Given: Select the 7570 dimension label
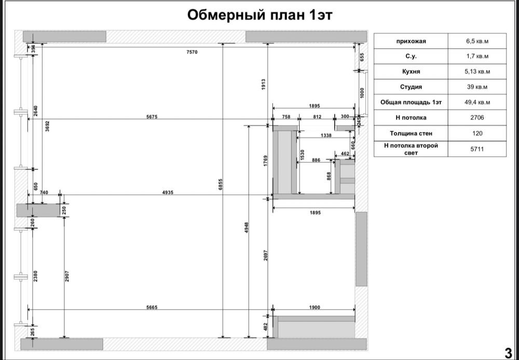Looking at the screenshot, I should pyautogui.click(x=192, y=52).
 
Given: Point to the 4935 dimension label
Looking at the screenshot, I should pyautogui.click(x=167, y=192).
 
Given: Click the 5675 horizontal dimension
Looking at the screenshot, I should pyautogui.click(x=152, y=116).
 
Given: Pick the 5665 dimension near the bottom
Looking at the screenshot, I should pyautogui.click(x=152, y=307).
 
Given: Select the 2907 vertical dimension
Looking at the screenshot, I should pyautogui.click(x=67, y=276).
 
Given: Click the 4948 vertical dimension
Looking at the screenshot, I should pyautogui.click(x=246, y=228).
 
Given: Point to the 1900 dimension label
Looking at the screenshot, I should pyautogui.click(x=315, y=307).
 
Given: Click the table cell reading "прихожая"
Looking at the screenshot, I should pyautogui.click(x=411, y=41).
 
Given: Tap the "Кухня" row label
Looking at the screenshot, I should pyautogui.click(x=411, y=72).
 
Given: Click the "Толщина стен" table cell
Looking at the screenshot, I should pyautogui.click(x=411, y=133).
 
